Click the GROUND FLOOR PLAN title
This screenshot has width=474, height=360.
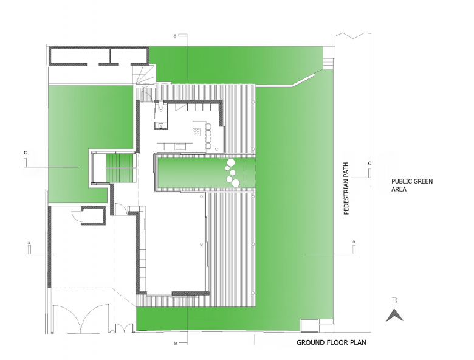coord(331,342)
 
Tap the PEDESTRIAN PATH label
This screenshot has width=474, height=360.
coord(346,189)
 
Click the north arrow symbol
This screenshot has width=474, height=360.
coord(394,315)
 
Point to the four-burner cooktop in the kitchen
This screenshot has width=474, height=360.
coord(196,131)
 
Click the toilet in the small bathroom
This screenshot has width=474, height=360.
coord(161,108)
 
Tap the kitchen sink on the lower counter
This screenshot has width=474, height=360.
coord(180,147)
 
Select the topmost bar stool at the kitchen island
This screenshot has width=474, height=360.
coord(208,125)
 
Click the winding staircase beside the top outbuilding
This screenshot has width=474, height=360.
coord(144,75)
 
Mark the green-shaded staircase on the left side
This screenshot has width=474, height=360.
coord(120,168)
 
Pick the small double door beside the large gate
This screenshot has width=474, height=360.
coord(124,327)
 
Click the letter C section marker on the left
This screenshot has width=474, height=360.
coord(25,153)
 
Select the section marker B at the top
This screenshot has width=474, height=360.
coord(174,36)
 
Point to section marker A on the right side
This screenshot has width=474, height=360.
coord(354,241)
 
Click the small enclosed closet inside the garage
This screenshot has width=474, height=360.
coord(93,215)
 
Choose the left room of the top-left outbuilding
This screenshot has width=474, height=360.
coord(80,57)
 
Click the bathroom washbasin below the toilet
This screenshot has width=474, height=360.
coord(160,125)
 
